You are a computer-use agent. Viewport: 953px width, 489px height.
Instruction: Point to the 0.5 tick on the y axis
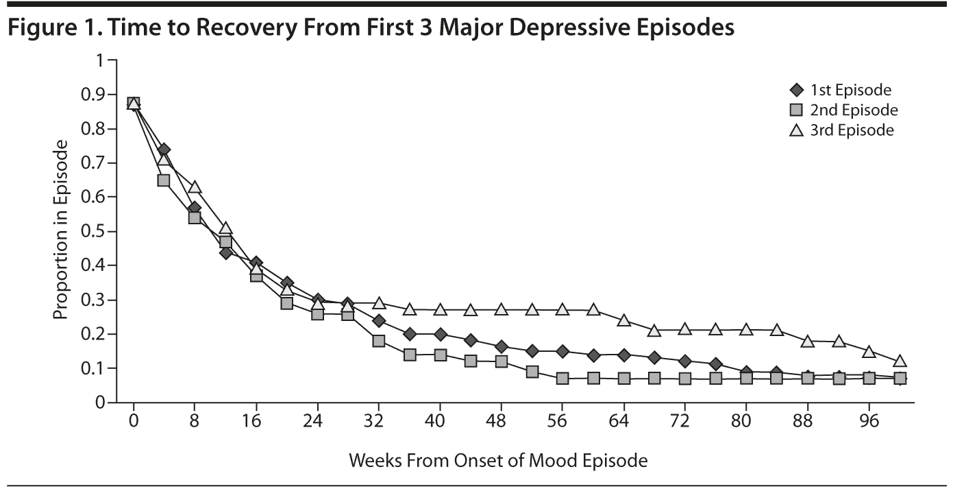point(101,231)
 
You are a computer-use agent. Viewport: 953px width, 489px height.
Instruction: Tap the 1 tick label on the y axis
point(104,60)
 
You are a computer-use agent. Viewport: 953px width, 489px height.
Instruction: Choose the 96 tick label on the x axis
point(869,420)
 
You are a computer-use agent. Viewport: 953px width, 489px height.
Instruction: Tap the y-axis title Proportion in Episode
point(61,230)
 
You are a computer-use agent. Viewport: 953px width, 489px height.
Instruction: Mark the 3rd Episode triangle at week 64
point(623,320)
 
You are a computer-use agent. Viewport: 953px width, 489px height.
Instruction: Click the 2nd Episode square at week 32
point(379,341)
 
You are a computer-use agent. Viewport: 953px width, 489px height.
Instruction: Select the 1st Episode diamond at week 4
point(164,150)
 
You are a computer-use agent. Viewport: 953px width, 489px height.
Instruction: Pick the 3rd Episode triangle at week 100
point(900,361)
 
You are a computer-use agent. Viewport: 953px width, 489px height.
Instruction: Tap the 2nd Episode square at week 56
point(562,378)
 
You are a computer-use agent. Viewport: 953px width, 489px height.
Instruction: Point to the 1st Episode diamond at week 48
point(501,346)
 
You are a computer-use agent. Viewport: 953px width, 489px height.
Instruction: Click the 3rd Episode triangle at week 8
point(195,187)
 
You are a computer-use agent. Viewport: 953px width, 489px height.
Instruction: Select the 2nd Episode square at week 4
point(164,180)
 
